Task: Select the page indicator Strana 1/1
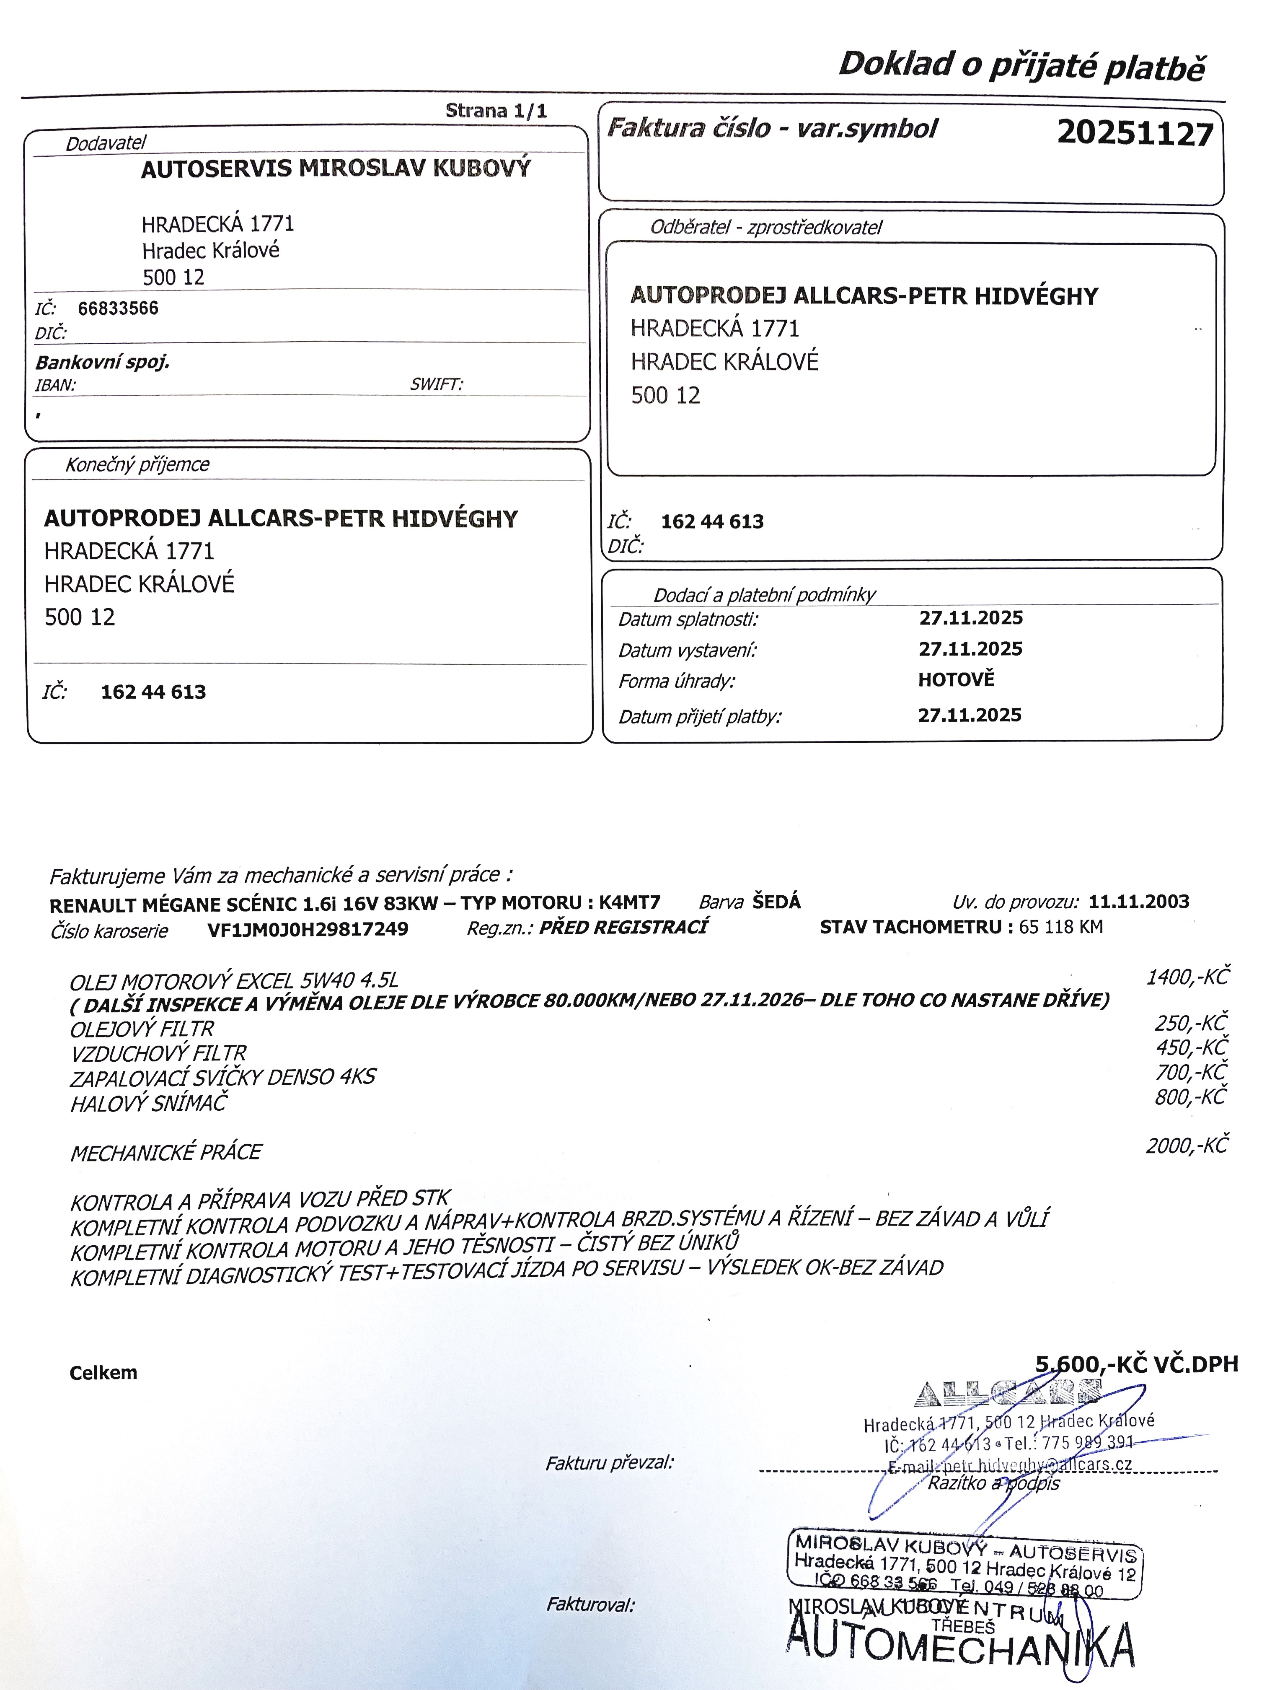(496, 111)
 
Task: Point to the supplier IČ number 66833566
(119, 308)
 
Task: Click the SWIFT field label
(436, 384)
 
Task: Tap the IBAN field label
(55, 385)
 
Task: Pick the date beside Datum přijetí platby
(969, 715)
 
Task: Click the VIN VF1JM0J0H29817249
(308, 929)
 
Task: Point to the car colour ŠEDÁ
(776, 902)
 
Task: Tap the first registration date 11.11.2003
(1138, 902)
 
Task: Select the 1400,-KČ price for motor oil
(1187, 977)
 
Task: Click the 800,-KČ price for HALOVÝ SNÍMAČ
(1190, 1097)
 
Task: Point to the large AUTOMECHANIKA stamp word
(959, 1644)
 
